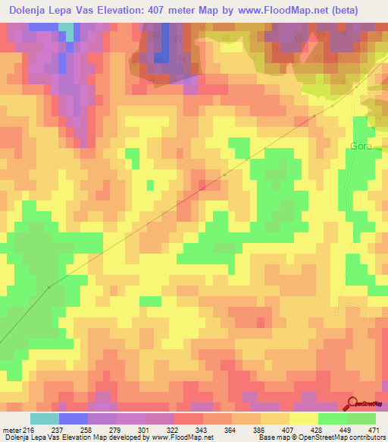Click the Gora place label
coord(361,147)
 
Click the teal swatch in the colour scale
coord(45,419)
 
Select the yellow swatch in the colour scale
coord(304,419)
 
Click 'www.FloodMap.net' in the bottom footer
coord(183,437)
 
